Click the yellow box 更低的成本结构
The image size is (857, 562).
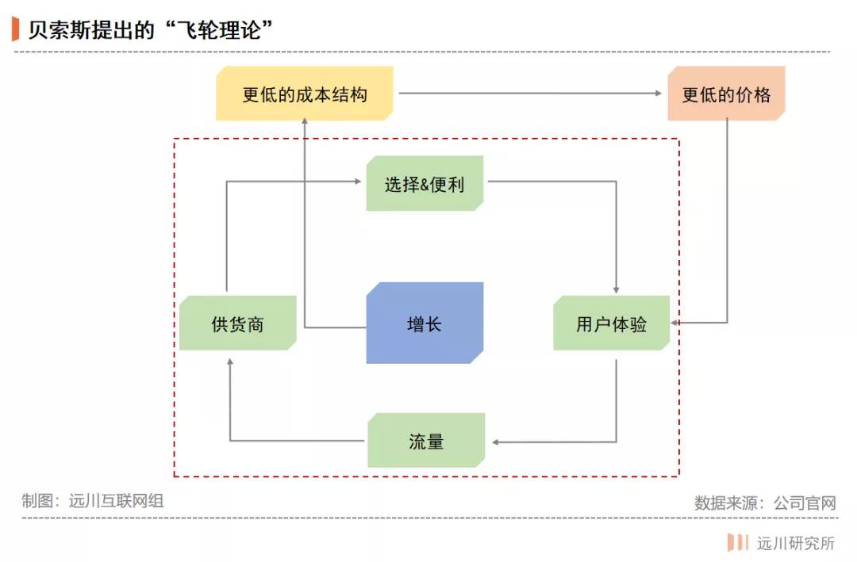tap(305, 94)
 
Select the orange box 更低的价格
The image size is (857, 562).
tap(726, 94)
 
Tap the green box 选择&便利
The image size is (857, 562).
tap(425, 183)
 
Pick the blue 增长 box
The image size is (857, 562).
tap(425, 323)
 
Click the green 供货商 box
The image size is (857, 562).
tap(237, 323)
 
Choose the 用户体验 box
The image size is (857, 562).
tap(611, 323)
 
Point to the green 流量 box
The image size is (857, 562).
tap(426, 441)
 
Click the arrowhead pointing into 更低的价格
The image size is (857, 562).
tap(657, 94)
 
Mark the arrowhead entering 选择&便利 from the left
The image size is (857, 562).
tap(357, 182)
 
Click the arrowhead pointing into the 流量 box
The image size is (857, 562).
tap(495, 442)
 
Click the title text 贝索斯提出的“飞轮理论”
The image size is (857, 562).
tap(151, 29)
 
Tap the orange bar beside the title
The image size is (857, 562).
tap(15, 29)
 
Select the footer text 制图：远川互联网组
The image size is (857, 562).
tap(93, 501)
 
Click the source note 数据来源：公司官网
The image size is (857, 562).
tap(765, 503)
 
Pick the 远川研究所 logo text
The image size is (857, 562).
tap(795, 543)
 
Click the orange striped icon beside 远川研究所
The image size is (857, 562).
tap(738, 543)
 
